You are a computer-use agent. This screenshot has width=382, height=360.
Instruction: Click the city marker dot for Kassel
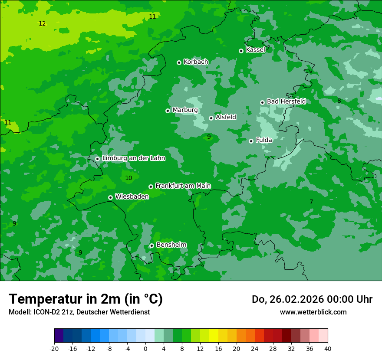(x=241, y=51)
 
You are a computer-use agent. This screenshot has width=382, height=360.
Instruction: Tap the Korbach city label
(x=196, y=62)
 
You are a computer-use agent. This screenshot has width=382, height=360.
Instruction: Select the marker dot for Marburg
(x=168, y=111)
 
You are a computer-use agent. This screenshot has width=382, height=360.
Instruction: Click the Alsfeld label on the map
(x=226, y=117)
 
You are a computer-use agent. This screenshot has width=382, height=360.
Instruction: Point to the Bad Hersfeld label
(x=286, y=101)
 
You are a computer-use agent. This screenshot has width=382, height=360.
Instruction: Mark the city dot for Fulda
(x=251, y=141)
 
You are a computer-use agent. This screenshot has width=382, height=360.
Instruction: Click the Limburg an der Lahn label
(x=134, y=158)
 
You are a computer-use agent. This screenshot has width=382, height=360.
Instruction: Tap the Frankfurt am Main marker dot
(x=151, y=187)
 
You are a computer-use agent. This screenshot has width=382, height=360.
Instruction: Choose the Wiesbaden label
(x=132, y=196)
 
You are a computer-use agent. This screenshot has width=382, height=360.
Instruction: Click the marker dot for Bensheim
(x=151, y=245)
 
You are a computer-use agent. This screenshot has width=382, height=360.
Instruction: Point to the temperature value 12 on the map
(x=42, y=23)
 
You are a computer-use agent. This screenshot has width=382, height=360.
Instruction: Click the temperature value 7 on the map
(x=311, y=202)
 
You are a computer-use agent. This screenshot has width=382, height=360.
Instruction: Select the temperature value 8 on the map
(x=339, y=101)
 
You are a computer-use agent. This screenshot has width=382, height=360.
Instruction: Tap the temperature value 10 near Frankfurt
(x=128, y=178)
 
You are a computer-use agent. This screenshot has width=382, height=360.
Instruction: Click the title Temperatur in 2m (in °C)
(x=86, y=299)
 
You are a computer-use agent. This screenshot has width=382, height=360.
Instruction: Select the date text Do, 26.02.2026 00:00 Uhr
(x=312, y=299)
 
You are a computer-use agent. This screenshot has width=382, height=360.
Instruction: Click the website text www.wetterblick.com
(x=313, y=312)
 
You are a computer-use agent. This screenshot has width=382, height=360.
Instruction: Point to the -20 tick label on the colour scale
(x=54, y=349)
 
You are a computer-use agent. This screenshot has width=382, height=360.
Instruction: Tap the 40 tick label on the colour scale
(x=328, y=349)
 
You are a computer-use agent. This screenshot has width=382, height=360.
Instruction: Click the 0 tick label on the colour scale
(x=145, y=349)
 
